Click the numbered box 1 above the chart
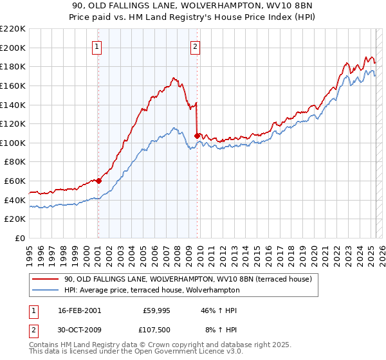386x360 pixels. [x=96, y=46]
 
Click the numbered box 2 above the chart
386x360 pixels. [x=194, y=46]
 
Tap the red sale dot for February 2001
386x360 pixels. [x=99, y=181]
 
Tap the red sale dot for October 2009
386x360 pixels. [x=197, y=136]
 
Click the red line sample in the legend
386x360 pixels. [x=45, y=279]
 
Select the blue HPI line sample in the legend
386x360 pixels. [x=45, y=290]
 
